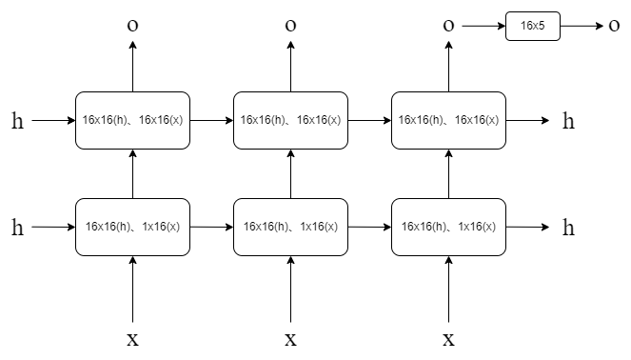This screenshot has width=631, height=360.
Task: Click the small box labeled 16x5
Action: pyautogui.click(x=533, y=27)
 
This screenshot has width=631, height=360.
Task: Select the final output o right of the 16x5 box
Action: pyautogui.click(x=614, y=26)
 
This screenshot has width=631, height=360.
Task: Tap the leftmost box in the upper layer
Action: pyautogui.click(x=132, y=121)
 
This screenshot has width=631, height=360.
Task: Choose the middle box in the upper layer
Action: pyautogui.click(x=290, y=121)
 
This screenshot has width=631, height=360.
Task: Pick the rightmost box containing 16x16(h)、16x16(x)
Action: pyautogui.click(x=448, y=121)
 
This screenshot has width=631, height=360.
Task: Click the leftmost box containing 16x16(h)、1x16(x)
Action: pyautogui.click(x=132, y=228)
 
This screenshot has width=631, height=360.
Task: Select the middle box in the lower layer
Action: pyautogui.click(x=290, y=228)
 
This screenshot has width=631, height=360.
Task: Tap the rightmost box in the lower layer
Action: pyautogui.click(x=448, y=228)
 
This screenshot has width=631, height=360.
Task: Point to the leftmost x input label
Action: pyautogui.click(x=132, y=339)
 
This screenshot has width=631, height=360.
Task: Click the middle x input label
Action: pyautogui.click(x=290, y=339)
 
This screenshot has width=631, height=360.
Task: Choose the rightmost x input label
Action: pyautogui.click(x=448, y=339)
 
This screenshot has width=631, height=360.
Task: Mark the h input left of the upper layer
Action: pyautogui.click(x=17, y=121)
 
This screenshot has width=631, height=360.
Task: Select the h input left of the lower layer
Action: pyautogui.click(x=17, y=228)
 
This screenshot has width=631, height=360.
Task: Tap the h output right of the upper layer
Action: pyautogui.click(x=568, y=121)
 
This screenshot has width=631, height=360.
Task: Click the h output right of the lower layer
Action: pyautogui.click(x=568, y=228)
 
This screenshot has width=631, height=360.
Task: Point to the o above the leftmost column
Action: pyautogui.click(x=132, y=26)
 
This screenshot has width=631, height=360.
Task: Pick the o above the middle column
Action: pyautogui.click(x=290, y=26)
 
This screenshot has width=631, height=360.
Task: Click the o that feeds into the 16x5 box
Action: pyautogui.click(x=448, y=26)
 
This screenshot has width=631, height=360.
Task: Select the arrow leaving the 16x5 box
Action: pyautogui.click(x=581, y=27)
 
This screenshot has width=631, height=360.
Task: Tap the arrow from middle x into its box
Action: pyautogui.click(x=290, y=290)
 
